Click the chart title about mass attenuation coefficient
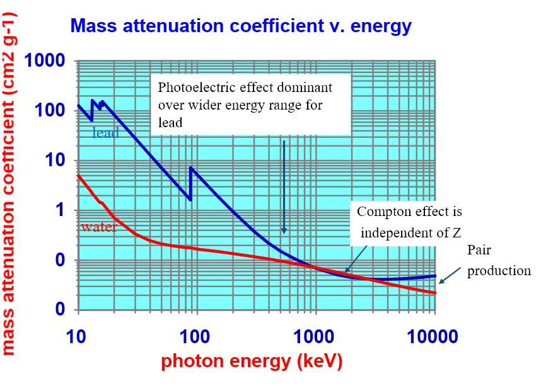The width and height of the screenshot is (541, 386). click(x=241, y=26)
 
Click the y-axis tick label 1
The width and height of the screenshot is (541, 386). click(x=61, y=210)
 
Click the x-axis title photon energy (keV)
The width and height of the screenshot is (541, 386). click(x=252, y=363)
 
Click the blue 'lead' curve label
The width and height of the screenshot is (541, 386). click(x=105, y=133)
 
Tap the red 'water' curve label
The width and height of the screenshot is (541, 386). click(x=98, y=227)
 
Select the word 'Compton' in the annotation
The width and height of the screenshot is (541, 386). click(x=382, y=212)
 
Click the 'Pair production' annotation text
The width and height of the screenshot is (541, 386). click(x=499, y=261)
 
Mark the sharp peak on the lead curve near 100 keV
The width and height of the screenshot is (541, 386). click(x=190, y=167)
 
